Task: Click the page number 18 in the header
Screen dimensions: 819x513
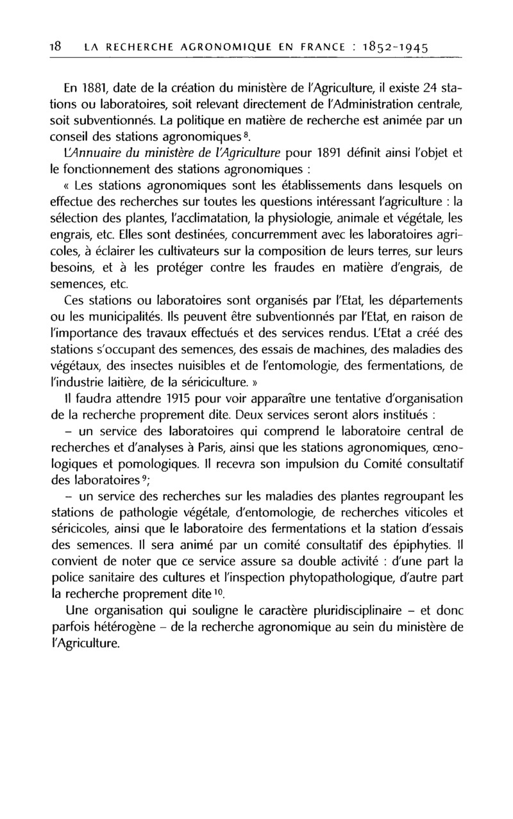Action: tap(55, 47)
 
